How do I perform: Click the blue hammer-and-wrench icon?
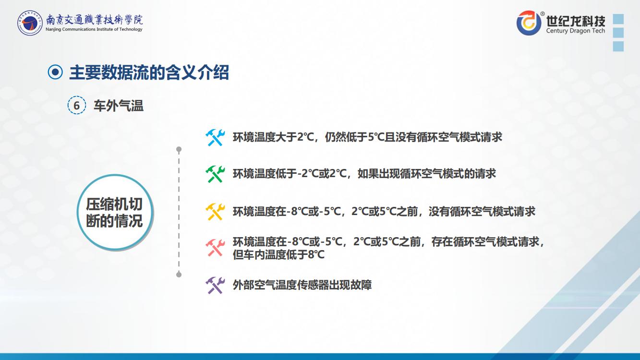[215, 137]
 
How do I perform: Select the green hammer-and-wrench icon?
[215, 174]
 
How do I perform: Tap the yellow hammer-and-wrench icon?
[215, 212]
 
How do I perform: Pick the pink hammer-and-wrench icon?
[215, 248]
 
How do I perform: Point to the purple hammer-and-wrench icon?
[215, 285]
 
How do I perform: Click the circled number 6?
[76, 106]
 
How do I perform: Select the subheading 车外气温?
[118, 106]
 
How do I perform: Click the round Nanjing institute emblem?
[30, 23]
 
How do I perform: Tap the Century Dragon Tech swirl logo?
[529, 23]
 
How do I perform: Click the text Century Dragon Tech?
[576, 31]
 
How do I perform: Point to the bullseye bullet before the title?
[55, 72]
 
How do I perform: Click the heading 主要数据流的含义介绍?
[149, 72]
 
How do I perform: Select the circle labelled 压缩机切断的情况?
[115, 212]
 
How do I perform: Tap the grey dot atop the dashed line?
[179, 149]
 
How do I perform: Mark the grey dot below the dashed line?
[179, 275]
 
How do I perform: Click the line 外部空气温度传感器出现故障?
[302, 285]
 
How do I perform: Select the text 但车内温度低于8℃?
[278, 254]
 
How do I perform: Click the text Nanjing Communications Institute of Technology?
[94, 29]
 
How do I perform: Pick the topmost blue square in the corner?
[618, 19]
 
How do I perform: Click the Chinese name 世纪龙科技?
[576, 21]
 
